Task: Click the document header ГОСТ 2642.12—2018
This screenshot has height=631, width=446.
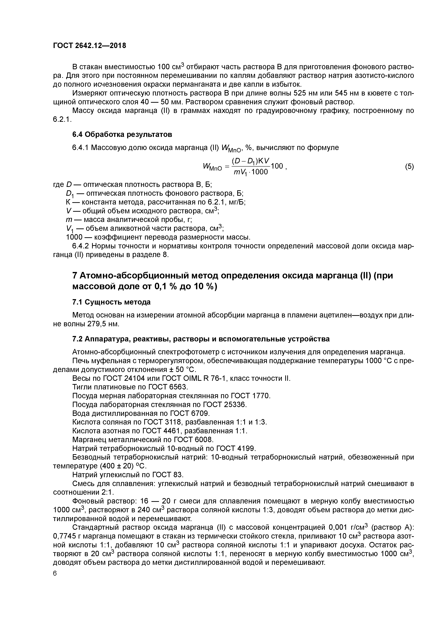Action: (89, 46)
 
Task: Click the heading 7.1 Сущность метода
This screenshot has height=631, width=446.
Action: (111, 302)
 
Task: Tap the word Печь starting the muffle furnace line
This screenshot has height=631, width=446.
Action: (80, 361)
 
